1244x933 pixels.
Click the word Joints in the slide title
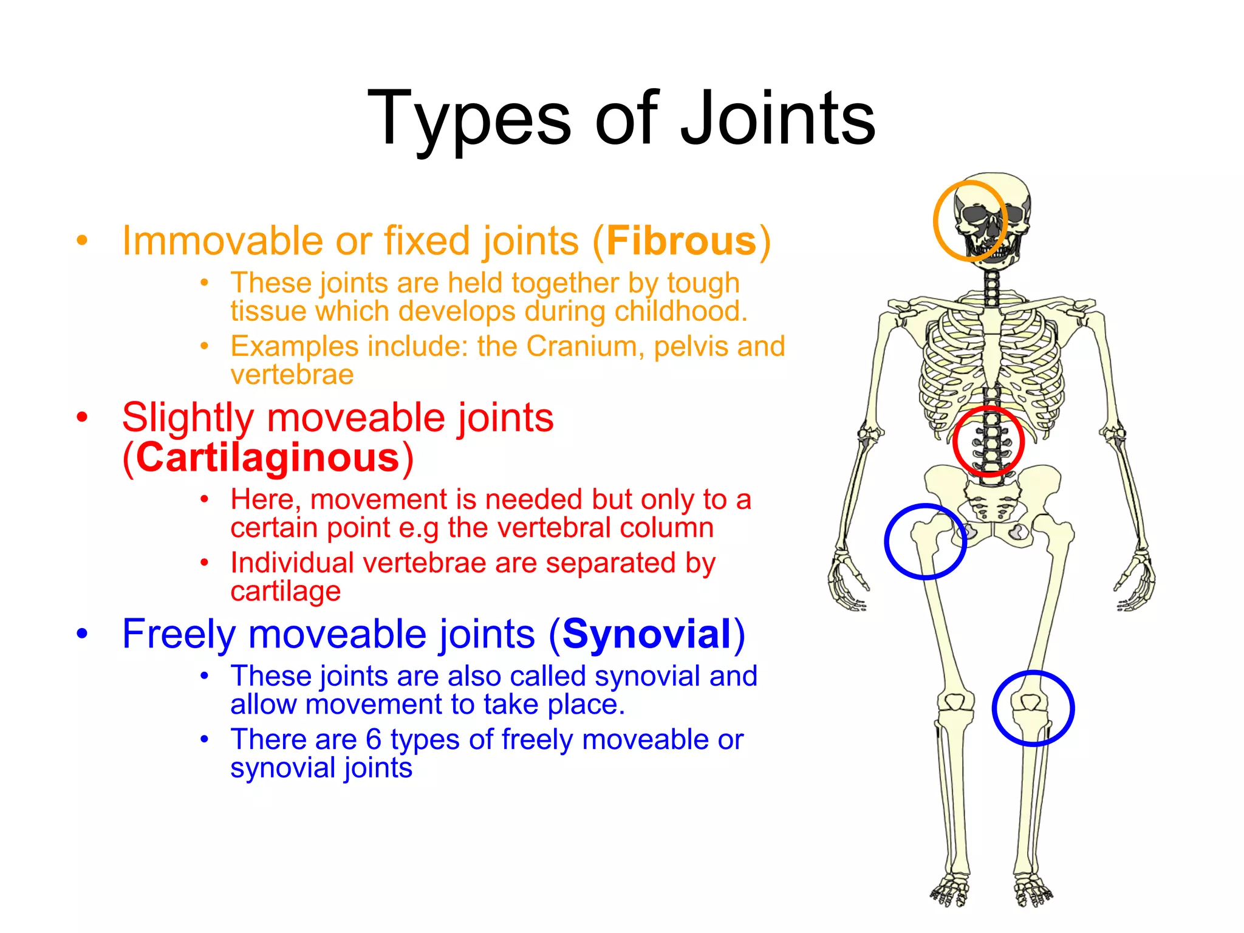(777, 118)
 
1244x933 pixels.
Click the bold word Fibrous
(681, 241)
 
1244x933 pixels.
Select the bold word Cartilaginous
(267, 457)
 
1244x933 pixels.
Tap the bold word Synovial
(647, 634)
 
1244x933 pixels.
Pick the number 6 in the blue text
(373, 740)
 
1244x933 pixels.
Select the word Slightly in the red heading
(188, 418)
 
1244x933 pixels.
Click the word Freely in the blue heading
(179, 634)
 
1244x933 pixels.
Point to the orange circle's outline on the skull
(935, 222)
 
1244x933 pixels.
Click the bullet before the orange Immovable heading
(82, 240)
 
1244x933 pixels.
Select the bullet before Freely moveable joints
(82, 634)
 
